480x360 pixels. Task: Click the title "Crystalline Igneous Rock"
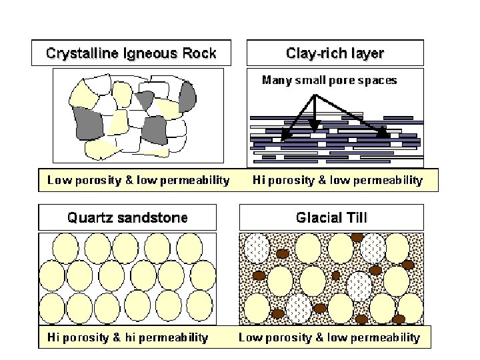click(131, 53)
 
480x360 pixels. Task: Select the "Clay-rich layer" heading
click(335, 53)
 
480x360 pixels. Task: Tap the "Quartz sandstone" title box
click(127, 217)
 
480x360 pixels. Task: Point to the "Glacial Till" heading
click(331, 217)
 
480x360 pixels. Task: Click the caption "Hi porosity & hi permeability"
click(127, 337)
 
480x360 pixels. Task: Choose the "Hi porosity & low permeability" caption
click(337, 180)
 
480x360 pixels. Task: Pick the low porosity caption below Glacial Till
click(329, 337)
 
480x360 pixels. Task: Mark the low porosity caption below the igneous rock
click(139, 180)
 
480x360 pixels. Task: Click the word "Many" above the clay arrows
click(277, 81)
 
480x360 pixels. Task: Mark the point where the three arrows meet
click(315, 95)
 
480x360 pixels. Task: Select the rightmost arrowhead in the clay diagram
click(383, 134)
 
